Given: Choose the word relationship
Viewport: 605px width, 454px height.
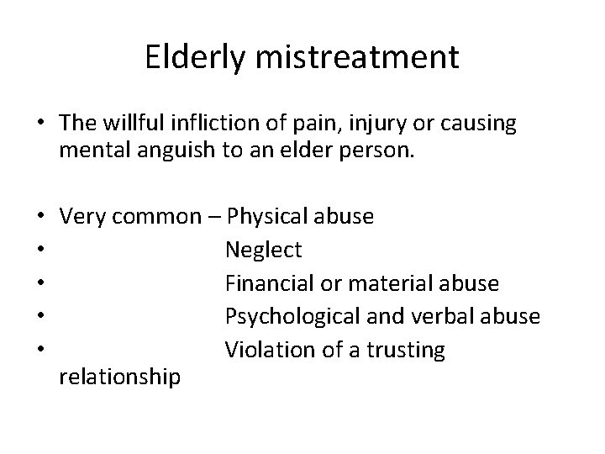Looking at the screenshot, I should [119, 377].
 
